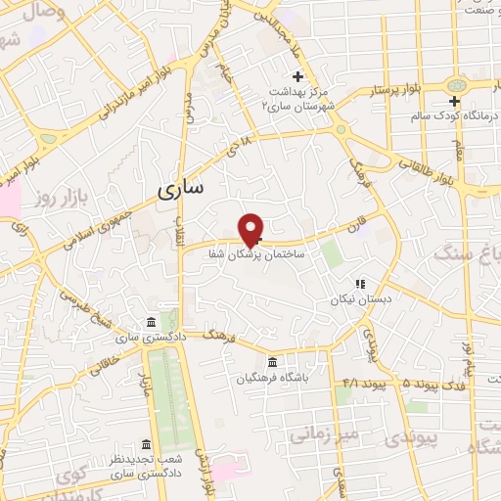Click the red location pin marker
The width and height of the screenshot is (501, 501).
pos(252,228)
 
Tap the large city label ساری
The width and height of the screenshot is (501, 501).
pos(180,189)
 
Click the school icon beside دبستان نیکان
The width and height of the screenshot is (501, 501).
pos(359,284)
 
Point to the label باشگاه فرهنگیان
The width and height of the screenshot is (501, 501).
pos(271,378)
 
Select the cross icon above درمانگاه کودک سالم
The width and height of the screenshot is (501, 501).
pos(454,102)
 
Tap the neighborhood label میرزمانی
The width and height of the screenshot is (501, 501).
pos(330,432)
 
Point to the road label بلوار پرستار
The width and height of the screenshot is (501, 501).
pos(397,89)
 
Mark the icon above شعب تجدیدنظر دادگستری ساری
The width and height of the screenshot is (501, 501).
pos(147,444)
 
